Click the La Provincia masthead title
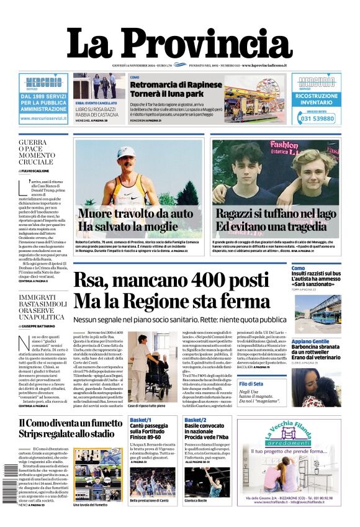[179, 45]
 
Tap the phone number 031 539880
[317, 119]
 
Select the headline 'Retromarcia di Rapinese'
[175, 84]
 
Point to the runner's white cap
[126, 152]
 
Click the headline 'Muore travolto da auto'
[135, 214]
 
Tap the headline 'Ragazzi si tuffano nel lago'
[276, 214]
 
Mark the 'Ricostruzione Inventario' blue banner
[317, 99]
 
